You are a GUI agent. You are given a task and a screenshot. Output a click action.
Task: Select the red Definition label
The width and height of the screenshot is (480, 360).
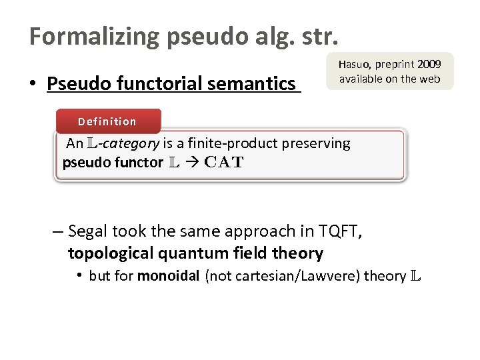[107, 121]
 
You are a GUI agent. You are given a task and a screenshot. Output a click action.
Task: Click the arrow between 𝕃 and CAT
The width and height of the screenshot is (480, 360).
[190, 162]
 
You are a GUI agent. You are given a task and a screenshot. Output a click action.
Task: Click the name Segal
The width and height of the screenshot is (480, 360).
[89, 231]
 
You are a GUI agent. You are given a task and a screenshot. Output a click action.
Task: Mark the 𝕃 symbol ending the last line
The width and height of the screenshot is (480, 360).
[415, 276]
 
